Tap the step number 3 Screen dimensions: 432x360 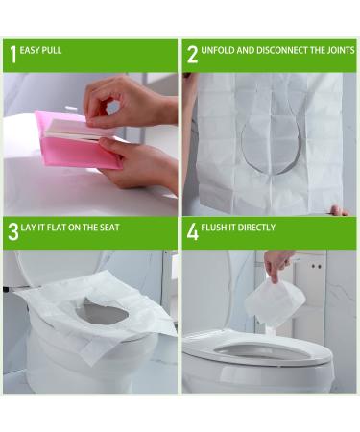click(x=12, y=231)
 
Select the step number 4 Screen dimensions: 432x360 click(x=192, y=231)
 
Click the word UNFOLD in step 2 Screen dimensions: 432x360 click(x=219, y=50)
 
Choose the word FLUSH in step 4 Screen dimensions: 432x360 click(x=217, y=228)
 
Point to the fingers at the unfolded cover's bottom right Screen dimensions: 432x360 click(x=337, y=209)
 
